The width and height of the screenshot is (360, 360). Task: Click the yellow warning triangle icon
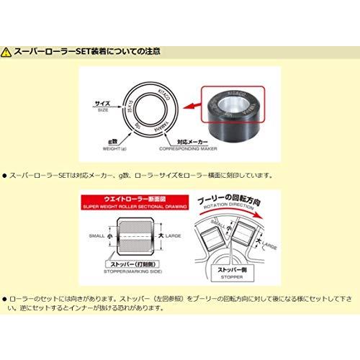coord(8,52)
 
